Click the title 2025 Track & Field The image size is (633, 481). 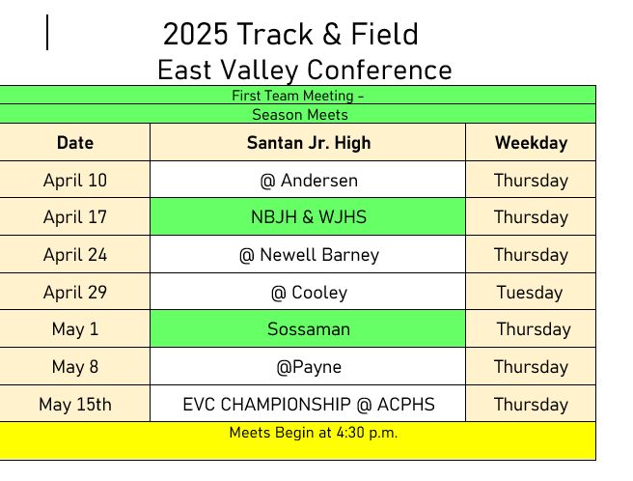(290, 34)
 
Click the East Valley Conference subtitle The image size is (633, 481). (305, 71)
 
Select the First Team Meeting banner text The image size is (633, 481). (298, 96)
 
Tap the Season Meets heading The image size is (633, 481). (300, 115)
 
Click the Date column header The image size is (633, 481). (75, 143)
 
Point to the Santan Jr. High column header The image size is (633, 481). (309, 143)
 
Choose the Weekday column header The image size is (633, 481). (532, 143)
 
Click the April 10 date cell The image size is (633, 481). (75, 181)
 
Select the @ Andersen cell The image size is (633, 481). (309, 181)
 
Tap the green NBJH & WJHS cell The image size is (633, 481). (309, 217)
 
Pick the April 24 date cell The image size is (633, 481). (75, 255)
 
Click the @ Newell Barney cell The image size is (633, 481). (309, 255)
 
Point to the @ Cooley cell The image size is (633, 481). (309, 293)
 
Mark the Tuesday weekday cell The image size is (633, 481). (530, 293)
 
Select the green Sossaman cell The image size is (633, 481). (309, 329)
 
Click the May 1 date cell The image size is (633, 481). (75, 329)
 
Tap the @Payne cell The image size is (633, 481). (309, 367)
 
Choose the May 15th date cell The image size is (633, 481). (75, 405)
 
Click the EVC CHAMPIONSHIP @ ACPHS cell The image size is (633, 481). (309, 404)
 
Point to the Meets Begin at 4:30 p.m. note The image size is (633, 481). (314, 433)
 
